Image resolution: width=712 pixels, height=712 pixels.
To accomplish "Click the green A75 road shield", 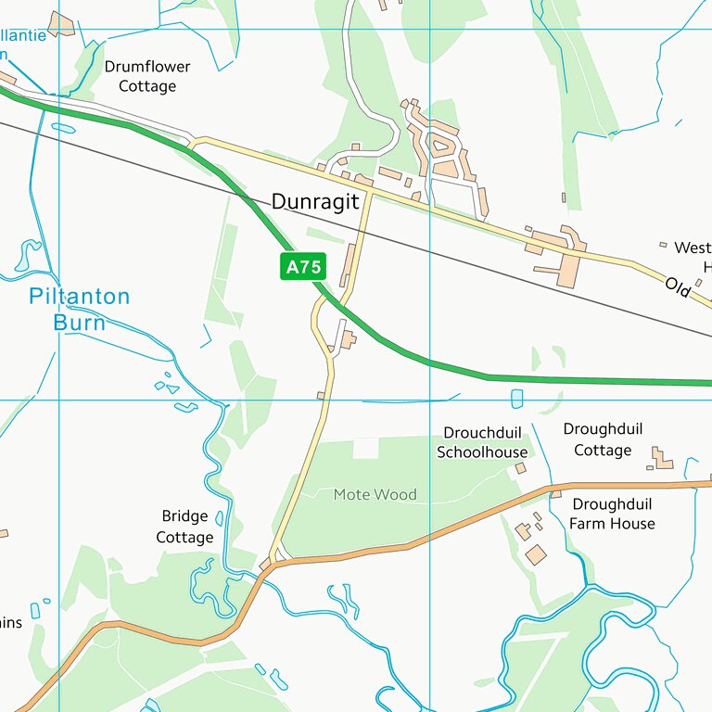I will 303,268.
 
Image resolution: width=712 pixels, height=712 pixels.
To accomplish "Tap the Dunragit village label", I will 315,202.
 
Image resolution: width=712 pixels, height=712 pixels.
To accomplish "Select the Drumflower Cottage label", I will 146,76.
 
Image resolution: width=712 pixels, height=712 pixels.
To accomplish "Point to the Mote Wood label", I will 375,495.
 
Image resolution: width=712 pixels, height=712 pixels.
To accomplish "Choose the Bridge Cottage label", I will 184,527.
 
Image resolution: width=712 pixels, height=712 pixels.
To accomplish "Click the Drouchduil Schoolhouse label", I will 482,443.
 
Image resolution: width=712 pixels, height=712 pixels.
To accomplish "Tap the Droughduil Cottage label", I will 603,439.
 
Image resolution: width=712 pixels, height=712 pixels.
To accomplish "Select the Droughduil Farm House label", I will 612,515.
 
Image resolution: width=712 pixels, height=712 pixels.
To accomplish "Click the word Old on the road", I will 679,287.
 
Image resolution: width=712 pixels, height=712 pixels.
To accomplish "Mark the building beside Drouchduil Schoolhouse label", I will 521,468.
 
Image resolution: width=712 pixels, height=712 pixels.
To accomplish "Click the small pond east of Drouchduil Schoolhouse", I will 516,399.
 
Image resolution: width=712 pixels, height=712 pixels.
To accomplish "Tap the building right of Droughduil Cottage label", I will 662,458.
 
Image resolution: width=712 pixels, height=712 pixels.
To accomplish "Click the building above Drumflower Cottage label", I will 62,24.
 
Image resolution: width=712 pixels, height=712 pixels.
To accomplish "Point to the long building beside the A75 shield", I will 349,264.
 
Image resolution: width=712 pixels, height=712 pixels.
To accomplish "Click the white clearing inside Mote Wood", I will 366,449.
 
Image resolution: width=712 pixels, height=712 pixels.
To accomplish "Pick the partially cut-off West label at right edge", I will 692,248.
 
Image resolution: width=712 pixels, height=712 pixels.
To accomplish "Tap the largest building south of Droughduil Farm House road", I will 536,554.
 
